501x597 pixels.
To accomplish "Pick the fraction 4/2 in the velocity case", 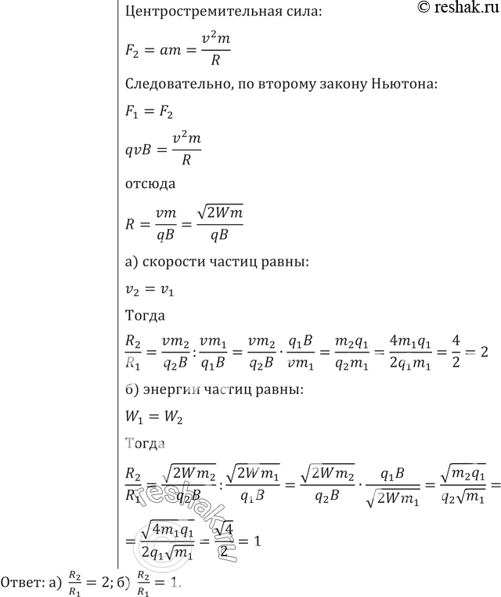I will click(443, 353).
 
